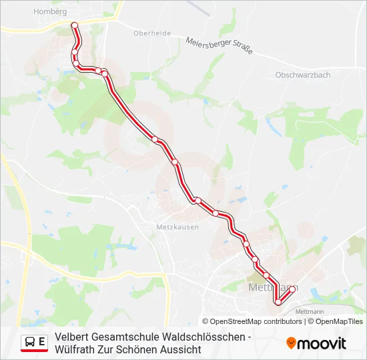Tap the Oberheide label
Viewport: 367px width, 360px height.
point(152,33)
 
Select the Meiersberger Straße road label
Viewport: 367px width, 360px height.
point(219,46)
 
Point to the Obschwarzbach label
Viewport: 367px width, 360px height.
point(302,75)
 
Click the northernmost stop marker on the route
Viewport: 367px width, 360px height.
point(75,25)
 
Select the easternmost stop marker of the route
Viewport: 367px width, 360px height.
point(292,289)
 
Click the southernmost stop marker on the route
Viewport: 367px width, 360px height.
point(278,303)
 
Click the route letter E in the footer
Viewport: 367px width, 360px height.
point(42,342)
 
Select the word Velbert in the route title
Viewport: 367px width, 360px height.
point(72,337)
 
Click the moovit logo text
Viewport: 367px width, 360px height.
point(322,343)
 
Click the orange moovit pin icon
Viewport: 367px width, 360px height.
point(291,343)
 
